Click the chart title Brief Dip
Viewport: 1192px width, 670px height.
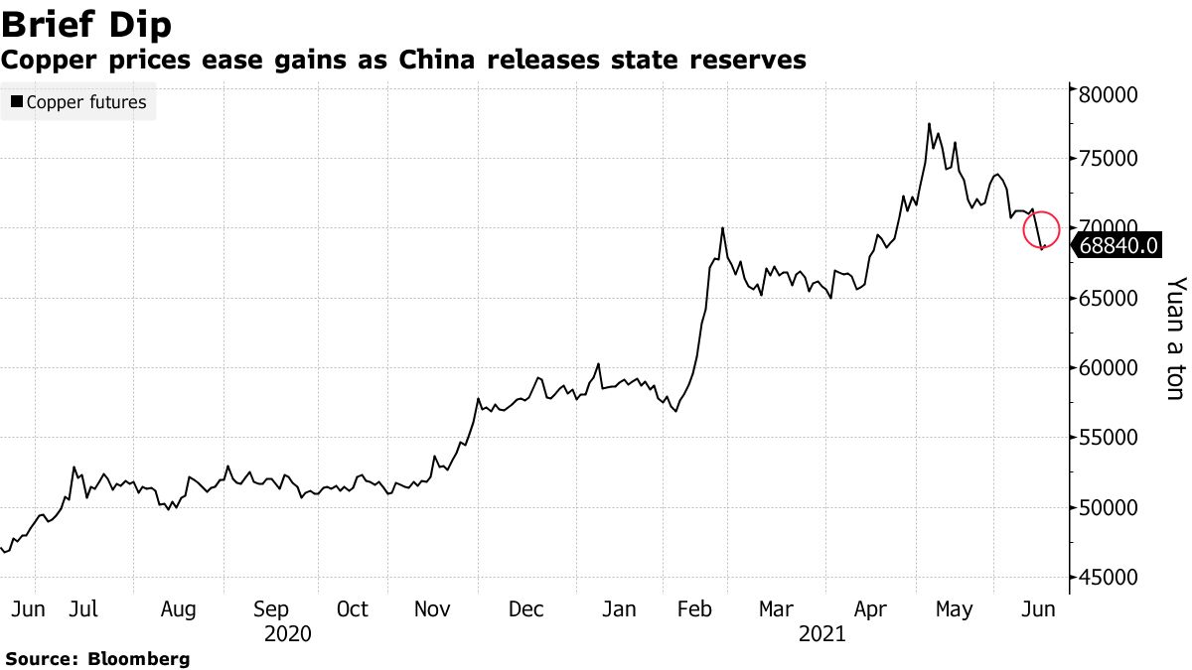point(86,25)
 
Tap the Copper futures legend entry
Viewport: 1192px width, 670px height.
point(78,102)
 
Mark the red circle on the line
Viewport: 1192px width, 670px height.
point(1042,229)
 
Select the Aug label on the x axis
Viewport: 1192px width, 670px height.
point(178,608)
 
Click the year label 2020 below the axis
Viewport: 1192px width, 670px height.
point(288,634)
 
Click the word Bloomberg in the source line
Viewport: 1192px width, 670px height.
point(139,658)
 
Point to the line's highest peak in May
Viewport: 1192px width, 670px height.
point(929,124)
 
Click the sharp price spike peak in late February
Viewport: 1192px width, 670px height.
point(722,228)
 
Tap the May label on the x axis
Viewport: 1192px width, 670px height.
point(955,608)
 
